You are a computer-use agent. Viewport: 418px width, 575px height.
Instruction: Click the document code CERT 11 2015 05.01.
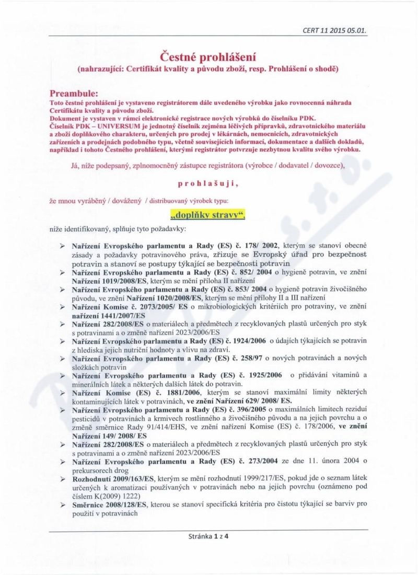pos(334,30)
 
